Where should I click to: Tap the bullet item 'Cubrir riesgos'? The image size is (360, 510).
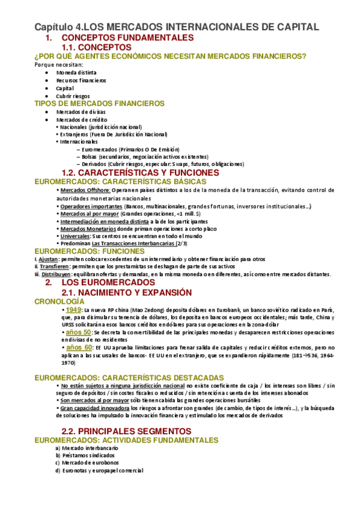tap(73, 96)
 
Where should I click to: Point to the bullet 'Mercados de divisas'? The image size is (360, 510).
tap(81, 112)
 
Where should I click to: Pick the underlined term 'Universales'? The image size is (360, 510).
tap(75, 236)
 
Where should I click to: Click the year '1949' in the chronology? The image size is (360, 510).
tap(73, 309)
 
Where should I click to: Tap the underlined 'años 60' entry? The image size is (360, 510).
tap(79, 348)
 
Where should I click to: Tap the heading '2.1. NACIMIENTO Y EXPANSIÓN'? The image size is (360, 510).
tap(135, 292)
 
